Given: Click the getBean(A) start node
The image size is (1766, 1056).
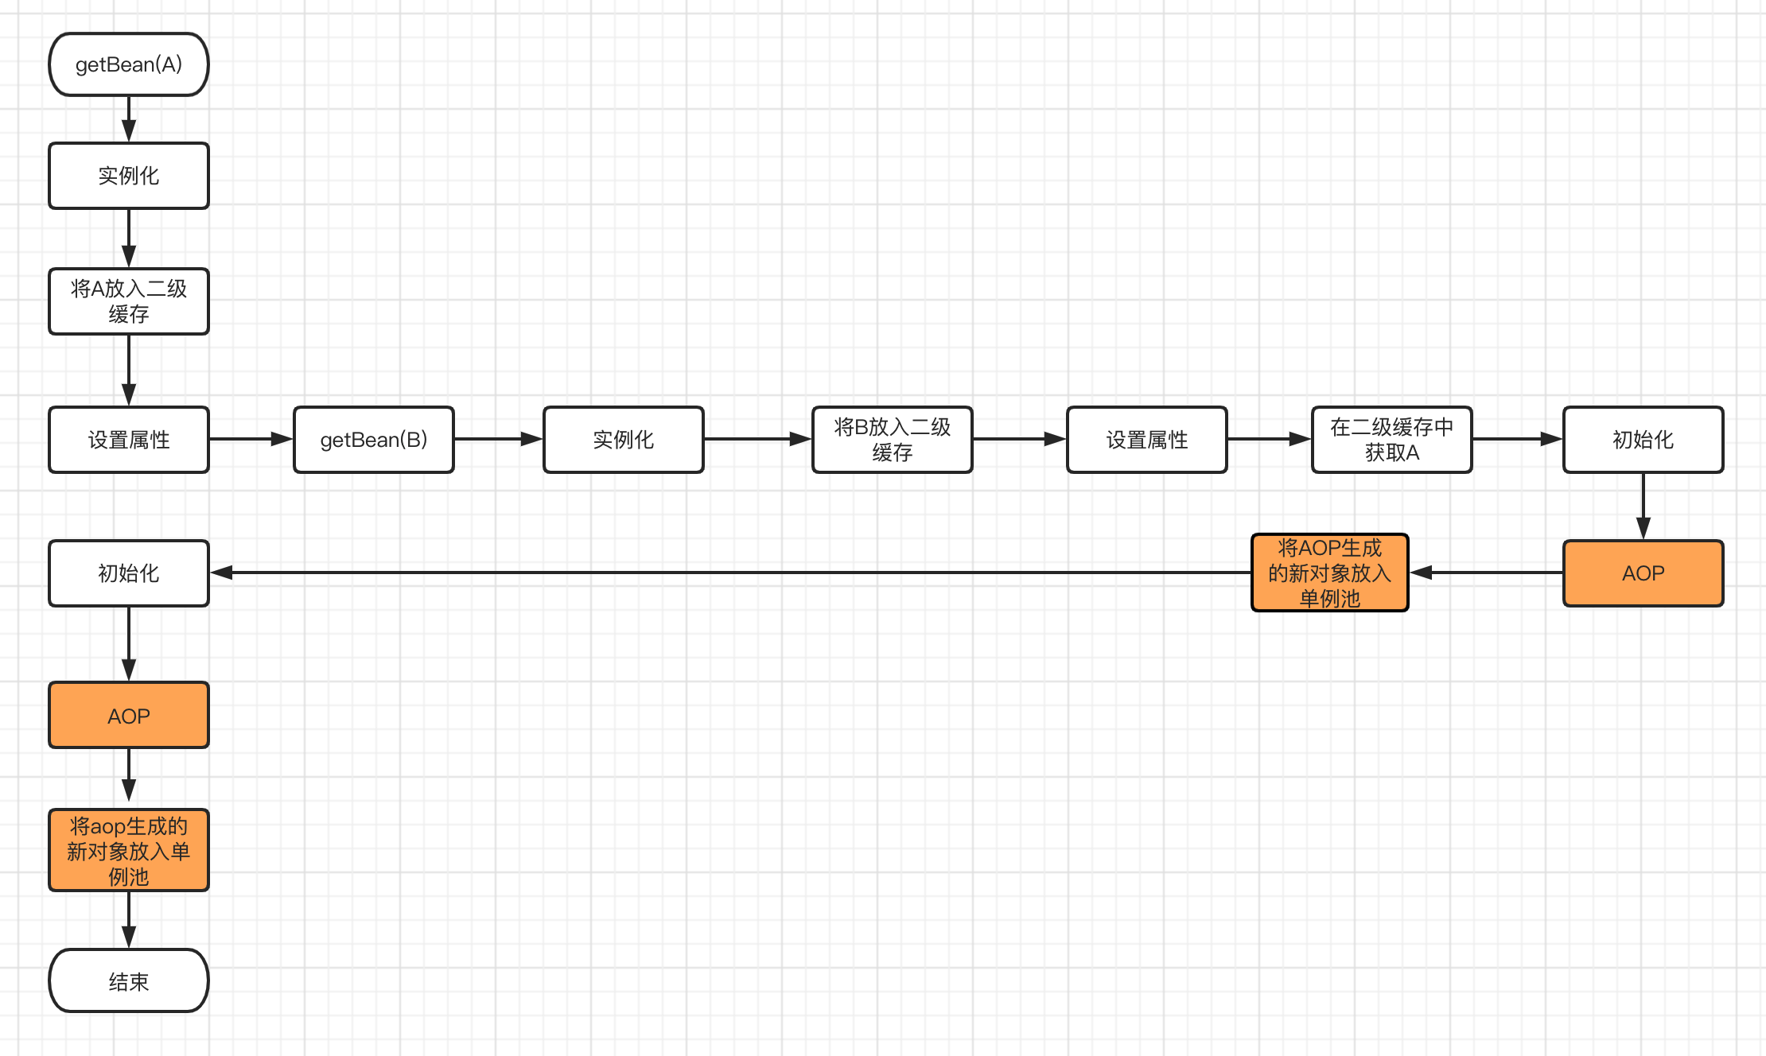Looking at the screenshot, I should (x=129, y=64).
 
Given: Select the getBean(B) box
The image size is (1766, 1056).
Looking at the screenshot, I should (x=374, y=440).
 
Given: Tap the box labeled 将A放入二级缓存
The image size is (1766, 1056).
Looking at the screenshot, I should (x=129, y=301).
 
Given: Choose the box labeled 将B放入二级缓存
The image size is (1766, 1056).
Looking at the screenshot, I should (x=892, y=440).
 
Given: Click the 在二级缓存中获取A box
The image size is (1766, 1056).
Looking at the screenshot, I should (x=1391, y=440).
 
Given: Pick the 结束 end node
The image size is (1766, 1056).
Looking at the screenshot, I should (x=129, y=980).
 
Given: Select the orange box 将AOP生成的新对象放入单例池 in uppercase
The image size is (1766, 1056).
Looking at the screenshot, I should (x=1329, y=573).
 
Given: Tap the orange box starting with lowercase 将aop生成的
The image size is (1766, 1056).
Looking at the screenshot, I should (x=129, y=850).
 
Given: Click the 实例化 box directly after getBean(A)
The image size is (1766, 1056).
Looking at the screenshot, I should (x=129, y=176).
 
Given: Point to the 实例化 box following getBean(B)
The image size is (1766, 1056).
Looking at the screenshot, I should (x=624, y=440).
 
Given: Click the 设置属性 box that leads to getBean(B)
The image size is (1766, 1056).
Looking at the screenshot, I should (x=129, y=440).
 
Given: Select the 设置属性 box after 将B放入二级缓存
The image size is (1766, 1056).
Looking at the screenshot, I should (x=1146, y=440).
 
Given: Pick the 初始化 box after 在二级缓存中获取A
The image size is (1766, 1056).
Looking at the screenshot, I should (x=1643, y=440).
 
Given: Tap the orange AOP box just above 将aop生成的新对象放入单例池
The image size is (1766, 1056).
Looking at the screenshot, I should (x=129, y=715).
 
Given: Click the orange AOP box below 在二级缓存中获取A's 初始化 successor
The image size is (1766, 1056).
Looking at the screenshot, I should (x=1643, y=573).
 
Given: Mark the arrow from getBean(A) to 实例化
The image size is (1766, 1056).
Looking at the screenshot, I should (x=129, y=119).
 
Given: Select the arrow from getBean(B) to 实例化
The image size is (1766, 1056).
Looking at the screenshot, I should (x=499, y=439).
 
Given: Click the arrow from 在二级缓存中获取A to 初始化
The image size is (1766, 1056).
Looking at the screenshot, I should (x=1517, y=439).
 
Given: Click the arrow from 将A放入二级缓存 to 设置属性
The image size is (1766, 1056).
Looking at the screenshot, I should (x=129, y=371).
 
